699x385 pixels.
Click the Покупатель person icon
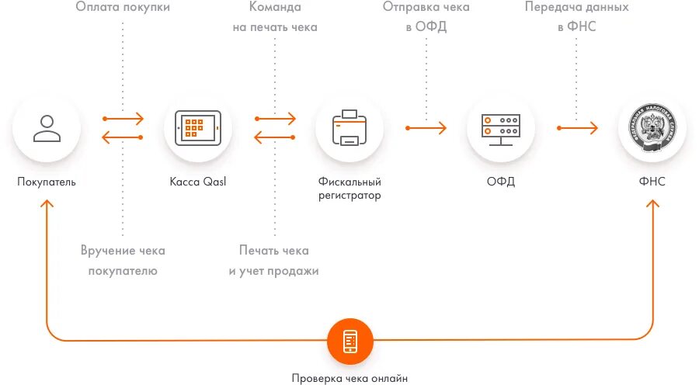click(x=47, y=128)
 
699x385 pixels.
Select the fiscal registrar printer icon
click(x=349, y=128)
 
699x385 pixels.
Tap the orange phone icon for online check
click(x=349, y=341)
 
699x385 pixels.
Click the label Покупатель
click(x=47, y=182)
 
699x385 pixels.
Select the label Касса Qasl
click(x=198, y=182)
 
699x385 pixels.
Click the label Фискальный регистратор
click(x=349, y=189)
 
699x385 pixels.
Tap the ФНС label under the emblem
click(x=652, y=182)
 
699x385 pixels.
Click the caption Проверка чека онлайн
click(x=349, y=379)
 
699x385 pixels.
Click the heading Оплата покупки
click(x=123, y=7)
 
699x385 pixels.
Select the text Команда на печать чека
click(x=275, y=17)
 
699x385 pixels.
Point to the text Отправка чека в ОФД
click(x=426, y=17)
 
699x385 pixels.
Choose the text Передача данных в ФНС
click(x=576, y=17)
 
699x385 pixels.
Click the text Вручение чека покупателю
click(x=123, y=261)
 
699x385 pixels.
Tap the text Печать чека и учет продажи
click(x=274, y=261)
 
